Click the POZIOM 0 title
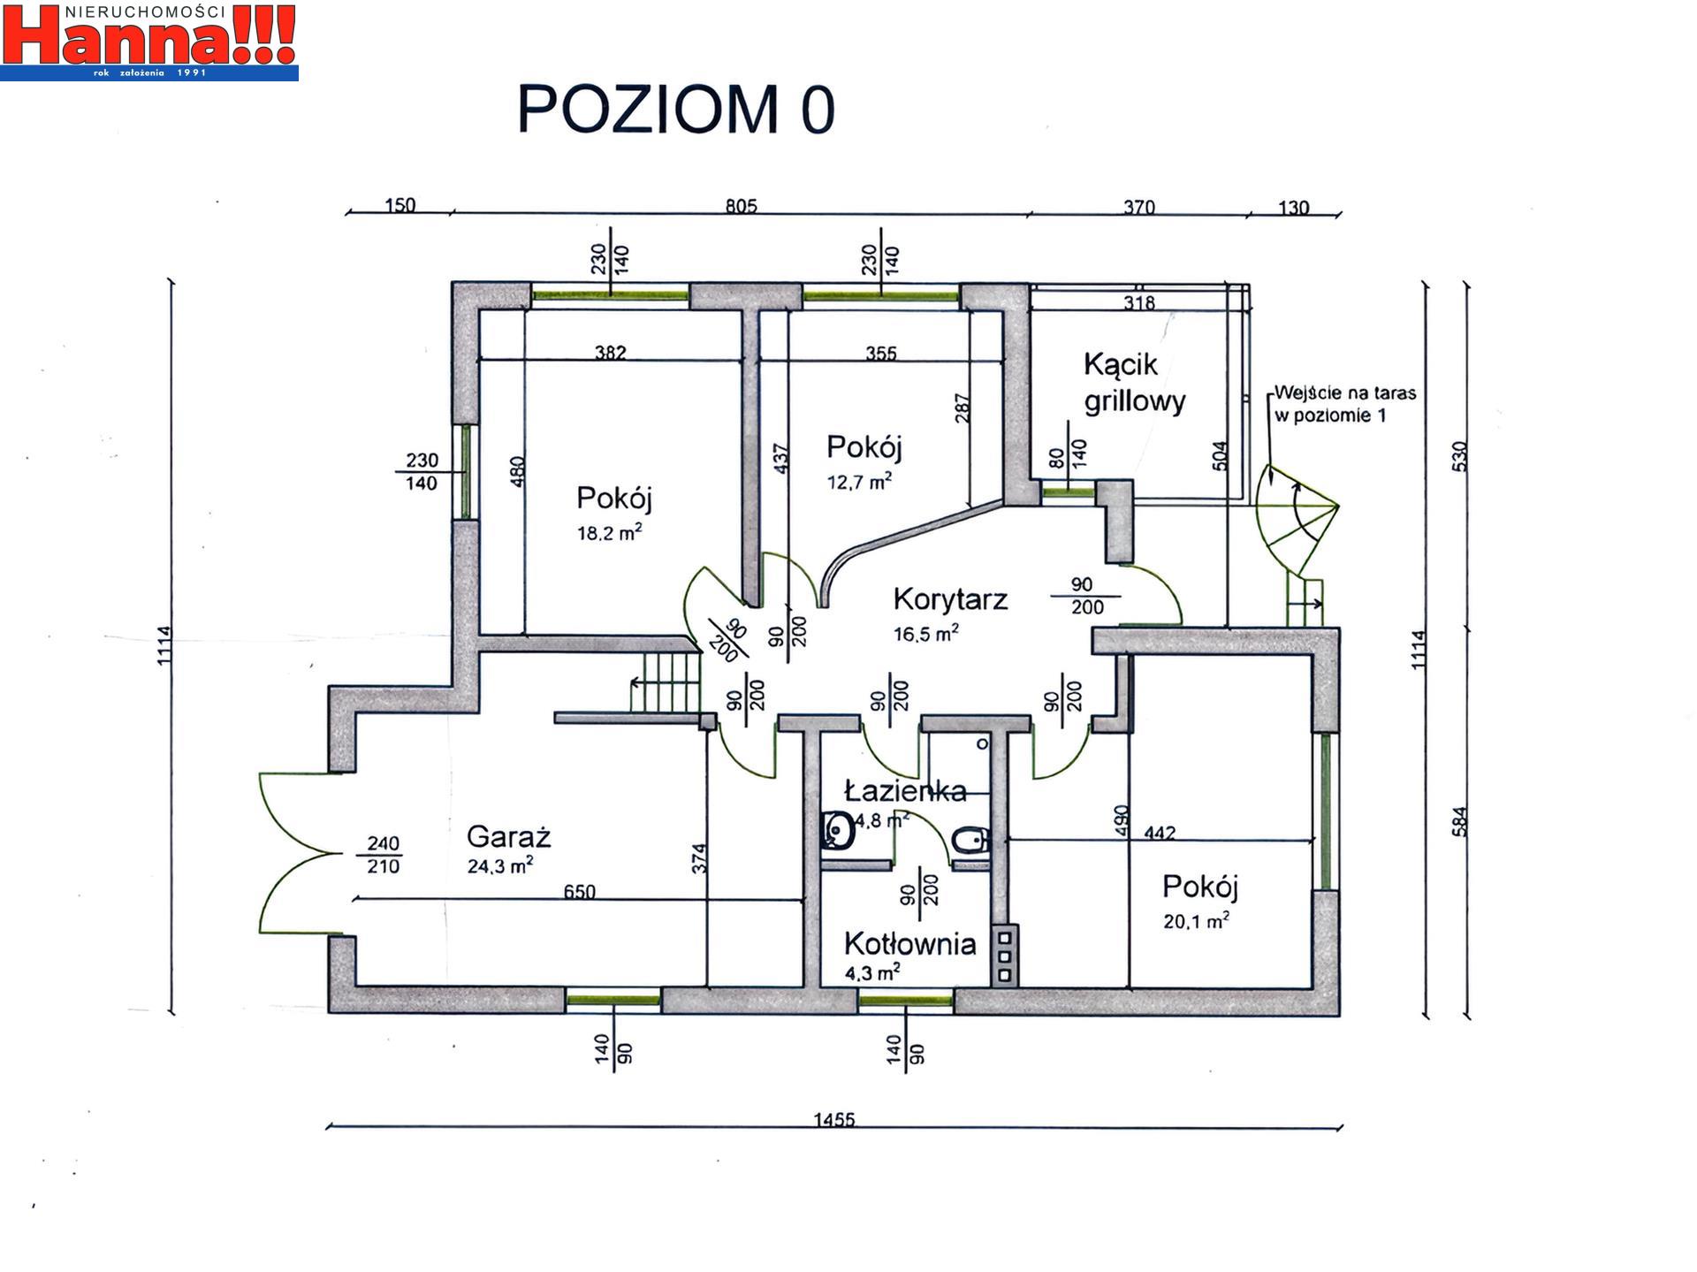(x=676, y=110)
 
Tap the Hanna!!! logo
(x=149, y=41)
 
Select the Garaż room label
(x=508, y=836)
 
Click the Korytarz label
(x=950, y=599)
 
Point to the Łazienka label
(x=905, y=790)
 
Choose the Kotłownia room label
(x=910, y=944)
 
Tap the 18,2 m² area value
(x=610, y=533)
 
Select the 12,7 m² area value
(x=859, y=482)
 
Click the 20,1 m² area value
(x=1196, y=921)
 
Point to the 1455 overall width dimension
(x=834, y=1120)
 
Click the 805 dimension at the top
(x=742, y=206)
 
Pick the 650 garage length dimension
(x=580, y=892)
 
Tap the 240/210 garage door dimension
(x=384, y=855)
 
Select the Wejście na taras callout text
(x=1345, y=404)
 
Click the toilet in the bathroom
(x=970, y=841)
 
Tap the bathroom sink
(x=836, y=830)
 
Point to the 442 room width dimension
(x=1160, y=833)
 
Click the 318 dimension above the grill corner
(x=1139, y=303)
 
